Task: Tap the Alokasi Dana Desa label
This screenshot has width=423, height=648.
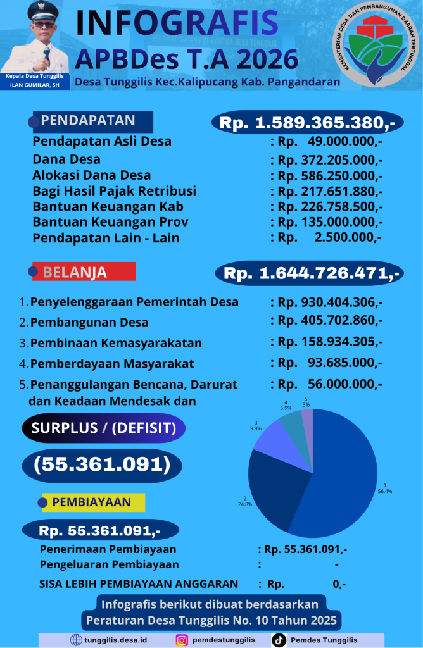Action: tap(92, 175)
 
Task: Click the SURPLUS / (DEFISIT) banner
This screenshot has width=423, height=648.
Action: tap(104, 428)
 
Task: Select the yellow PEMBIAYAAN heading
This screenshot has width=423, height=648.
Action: tap(92, 502)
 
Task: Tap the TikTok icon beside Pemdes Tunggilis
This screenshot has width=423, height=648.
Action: tap(279, 640)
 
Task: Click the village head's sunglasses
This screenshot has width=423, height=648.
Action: tap(44, 25)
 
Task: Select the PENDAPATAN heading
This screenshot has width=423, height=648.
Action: tap(89, 121)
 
